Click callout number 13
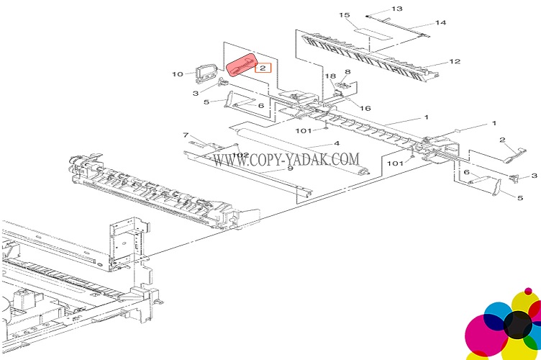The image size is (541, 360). point(397,9)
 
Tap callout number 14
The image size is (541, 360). point(440,23)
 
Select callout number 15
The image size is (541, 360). point(345,15)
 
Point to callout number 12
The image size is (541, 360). point(455,62)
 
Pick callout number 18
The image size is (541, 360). point(330,76)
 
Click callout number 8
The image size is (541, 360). point(347,72)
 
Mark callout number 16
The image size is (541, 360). point(365,108)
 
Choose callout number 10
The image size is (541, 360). point(177,73)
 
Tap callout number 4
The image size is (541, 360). point(335,145)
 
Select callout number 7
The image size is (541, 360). point(185,135)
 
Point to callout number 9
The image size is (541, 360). point(290,168)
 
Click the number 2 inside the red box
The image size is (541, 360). point(263,68)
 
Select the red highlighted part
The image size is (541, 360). point(242,66)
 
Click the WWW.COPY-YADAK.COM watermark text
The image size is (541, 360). point(286,158)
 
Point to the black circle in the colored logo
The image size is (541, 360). point(517,325)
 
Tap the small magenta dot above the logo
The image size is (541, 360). point(529,291)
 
